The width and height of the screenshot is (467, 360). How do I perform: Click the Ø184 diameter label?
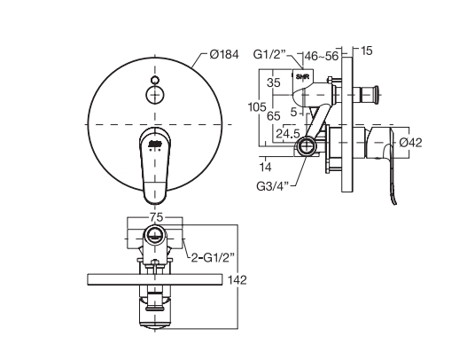click(x=223, y=55)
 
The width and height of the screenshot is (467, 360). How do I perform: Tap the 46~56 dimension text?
click(x=322, y=56)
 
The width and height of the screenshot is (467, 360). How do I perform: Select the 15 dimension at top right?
click(x=367, y=51)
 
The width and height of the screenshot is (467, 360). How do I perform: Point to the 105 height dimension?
click(x=257, y=106)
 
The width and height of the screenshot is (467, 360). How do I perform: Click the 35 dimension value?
click(x=274, y=82)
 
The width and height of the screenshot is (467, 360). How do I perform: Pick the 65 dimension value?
click(x=274, y=115)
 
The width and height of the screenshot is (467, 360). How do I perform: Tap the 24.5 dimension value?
click(x=287, y=134)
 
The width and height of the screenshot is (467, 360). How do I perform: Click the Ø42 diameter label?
click(x=410, y=143)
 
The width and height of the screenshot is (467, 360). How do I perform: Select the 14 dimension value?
click(x=265, y=167)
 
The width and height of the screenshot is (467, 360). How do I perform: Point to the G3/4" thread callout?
click(x=273, y=186)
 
